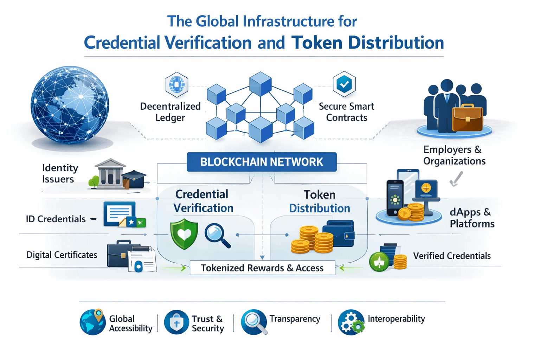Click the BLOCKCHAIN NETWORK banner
262,162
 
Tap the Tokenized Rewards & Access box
262,268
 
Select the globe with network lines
70,105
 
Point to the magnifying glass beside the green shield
217,234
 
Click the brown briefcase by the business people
467,117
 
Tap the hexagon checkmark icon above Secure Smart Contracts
344,84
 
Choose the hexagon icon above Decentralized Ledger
176,84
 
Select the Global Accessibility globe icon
92,322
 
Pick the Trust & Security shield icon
176,322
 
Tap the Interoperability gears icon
351,322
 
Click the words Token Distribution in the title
367,43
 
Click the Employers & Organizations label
454,155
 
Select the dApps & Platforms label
472,218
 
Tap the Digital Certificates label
62,255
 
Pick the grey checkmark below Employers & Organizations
456,179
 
